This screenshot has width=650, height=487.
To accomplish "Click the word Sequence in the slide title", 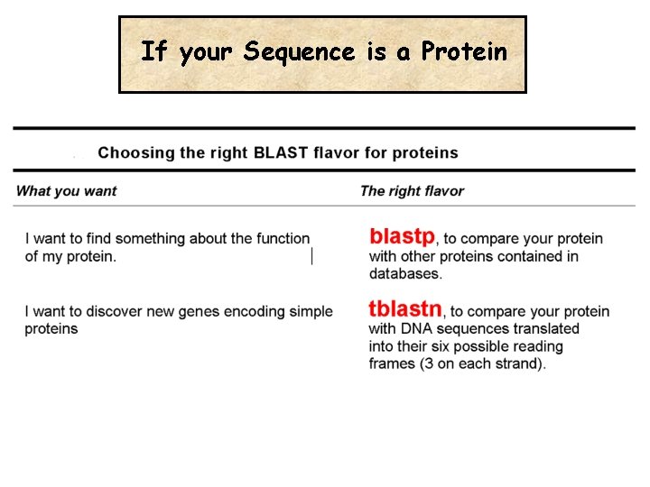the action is point(300,52).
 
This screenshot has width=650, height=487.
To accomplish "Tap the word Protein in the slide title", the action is point(463,52).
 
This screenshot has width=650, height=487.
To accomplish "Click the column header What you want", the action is point(66,190).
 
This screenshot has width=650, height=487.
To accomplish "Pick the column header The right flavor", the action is point(412,190).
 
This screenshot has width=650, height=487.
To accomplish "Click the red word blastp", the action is point(402,236).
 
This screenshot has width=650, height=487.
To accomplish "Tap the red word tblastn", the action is point(404,309).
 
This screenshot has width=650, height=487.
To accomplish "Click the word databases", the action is point(405,273).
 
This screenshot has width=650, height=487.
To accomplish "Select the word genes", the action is point(187,311).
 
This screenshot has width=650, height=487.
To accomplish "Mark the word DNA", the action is point(416,328).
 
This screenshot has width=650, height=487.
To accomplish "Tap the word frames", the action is point(393,364).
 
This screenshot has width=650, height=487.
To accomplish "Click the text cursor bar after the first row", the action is point(312,256).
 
